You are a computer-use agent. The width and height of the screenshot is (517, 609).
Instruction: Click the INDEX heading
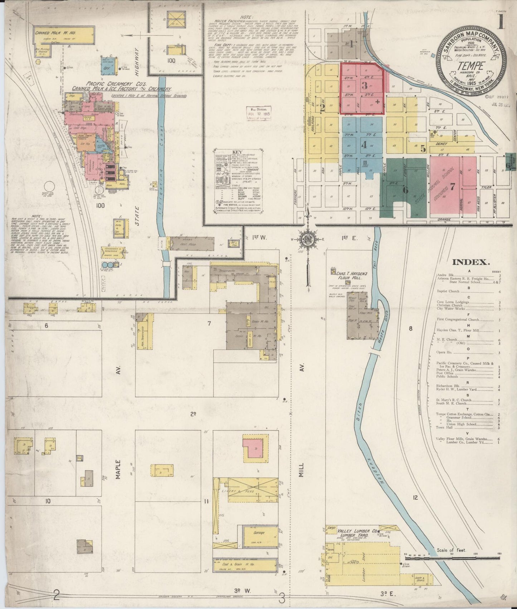pyautogui.click(x=470, y=262)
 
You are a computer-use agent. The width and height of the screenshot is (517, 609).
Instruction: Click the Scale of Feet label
pyautogui.click(x=451, y=560)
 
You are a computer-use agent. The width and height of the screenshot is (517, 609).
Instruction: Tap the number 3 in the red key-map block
pyautogui.click(x=365, y=86)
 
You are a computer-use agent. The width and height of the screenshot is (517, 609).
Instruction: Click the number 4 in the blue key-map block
pyautogui.click(x=364, y=145)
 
